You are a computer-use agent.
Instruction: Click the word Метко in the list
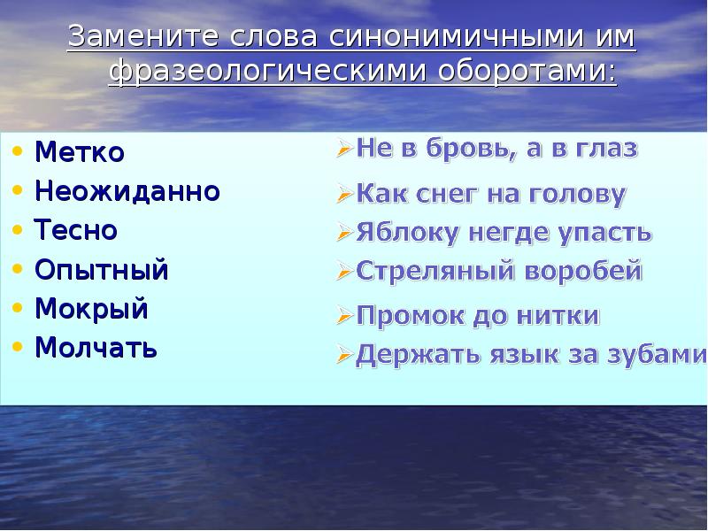point(80,152)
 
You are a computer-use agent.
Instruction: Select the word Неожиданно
point(127,191)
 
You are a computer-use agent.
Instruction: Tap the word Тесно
point(76,230)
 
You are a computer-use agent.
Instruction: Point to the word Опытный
point(101,270)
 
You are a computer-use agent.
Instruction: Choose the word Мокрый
point(91,309)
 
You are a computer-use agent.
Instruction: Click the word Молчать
point(96,348)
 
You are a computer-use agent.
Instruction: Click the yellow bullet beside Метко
point(18,152)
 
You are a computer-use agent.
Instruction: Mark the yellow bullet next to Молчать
point(18,348)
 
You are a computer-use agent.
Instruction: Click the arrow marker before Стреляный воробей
point(345,271)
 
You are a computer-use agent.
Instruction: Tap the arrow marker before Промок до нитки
point(345,315)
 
